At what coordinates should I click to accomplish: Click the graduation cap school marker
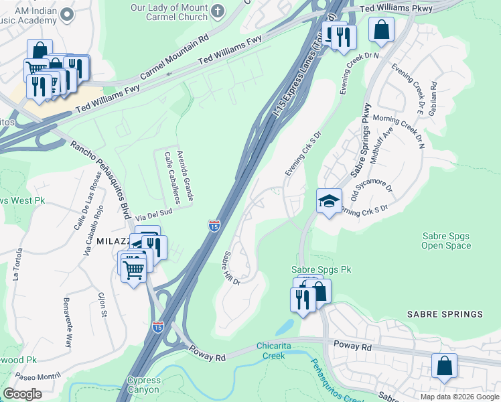pos(329,201)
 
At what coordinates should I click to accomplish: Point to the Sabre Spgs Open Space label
pos(446,241)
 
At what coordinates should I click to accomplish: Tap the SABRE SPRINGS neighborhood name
pos(445,314)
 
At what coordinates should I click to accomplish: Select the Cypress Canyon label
pos(143,384)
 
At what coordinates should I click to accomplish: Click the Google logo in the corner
pos(22,394)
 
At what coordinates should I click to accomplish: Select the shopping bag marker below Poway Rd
pos(444,366)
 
